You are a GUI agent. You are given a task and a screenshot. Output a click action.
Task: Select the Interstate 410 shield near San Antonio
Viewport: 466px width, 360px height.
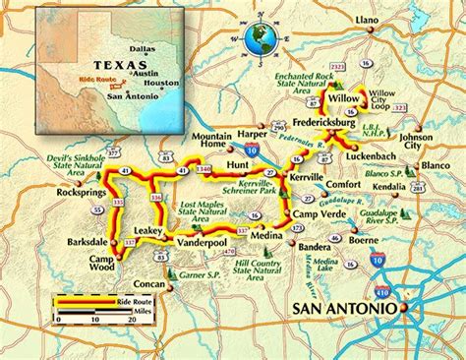(382, 291)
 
